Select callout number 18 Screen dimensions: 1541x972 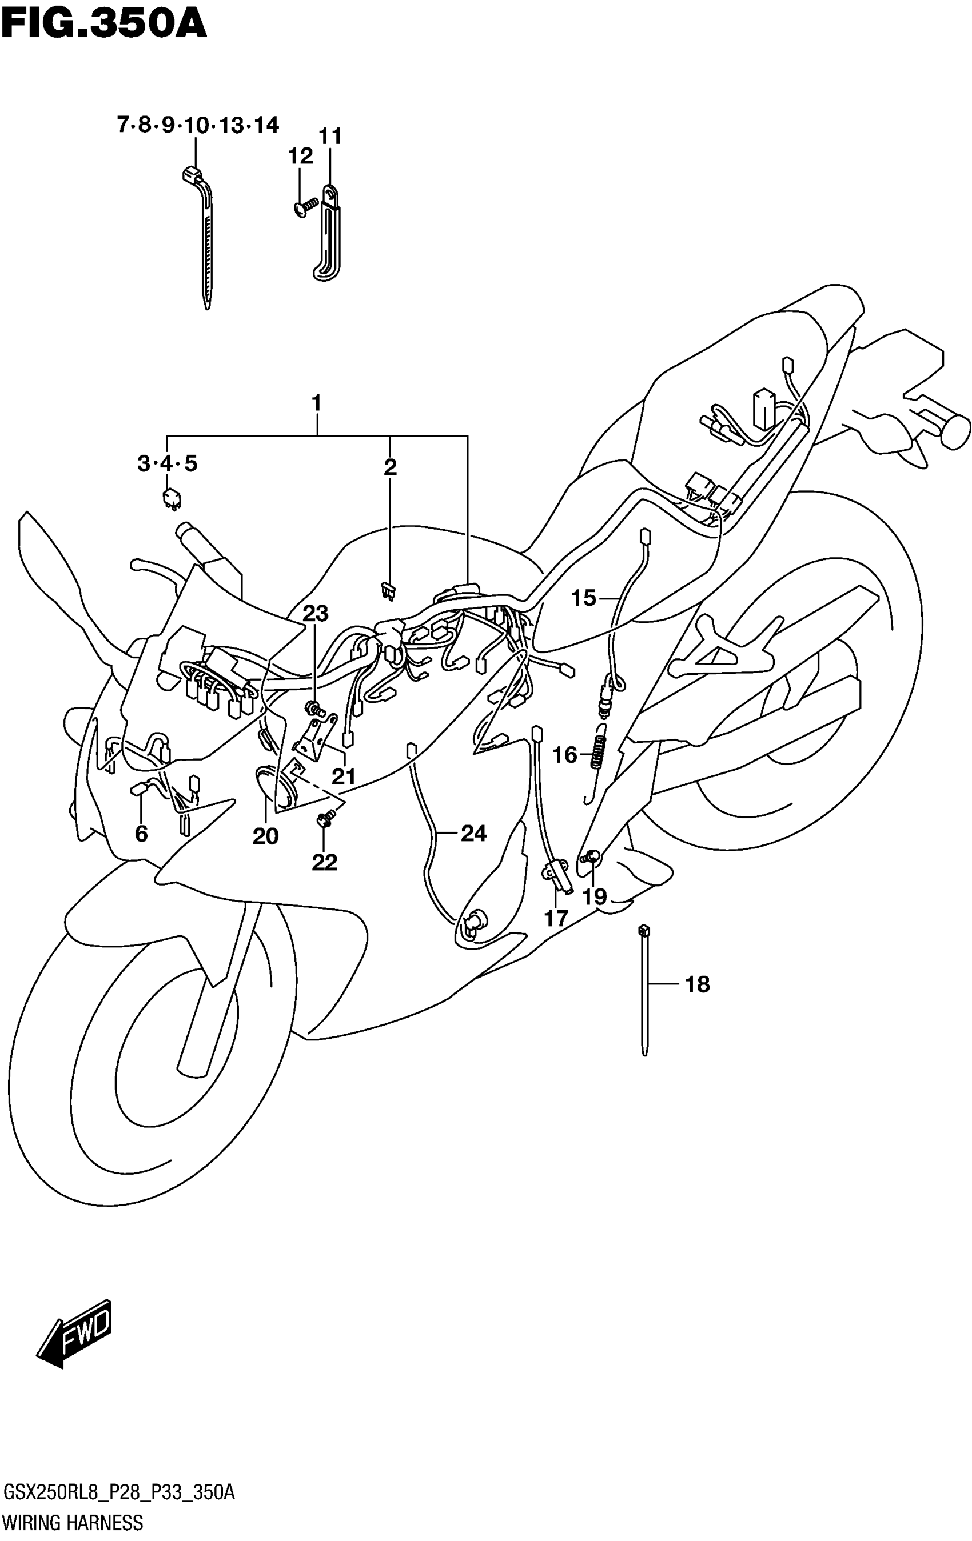point(698,984)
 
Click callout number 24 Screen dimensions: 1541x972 point(473,832)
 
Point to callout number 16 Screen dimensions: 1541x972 point(565,755)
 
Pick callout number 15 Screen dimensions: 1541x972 point(583,598)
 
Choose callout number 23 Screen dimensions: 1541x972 point(315,614)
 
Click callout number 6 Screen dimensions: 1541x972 point(141,833)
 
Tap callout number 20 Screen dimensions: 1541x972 point(265,836)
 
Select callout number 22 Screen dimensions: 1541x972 point(325,862)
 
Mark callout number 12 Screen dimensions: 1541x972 point(300,155)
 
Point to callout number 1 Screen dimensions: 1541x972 point(316,403)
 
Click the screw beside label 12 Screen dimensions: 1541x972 point(305,206)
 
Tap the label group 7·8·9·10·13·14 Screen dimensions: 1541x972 point(198,124)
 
